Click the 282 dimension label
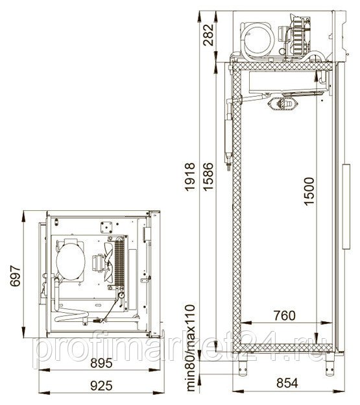(x=208, y=34)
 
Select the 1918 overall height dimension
(x=190, y=177)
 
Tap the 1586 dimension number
(x=208, y=177)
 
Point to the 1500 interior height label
(x=309, y=191)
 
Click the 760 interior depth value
(x=285, y=315)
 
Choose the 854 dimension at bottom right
(x=287, y=383)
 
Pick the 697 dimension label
(x=15, y=276)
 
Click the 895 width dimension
(x=101, y=363)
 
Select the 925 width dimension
(x=101, y=386)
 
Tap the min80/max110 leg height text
(x=191, y=352)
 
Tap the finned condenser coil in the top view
(x=119, y=262)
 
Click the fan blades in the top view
(x=108, y=262)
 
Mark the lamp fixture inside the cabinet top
(x=283, y=104)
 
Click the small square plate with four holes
(x=106, y=227)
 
